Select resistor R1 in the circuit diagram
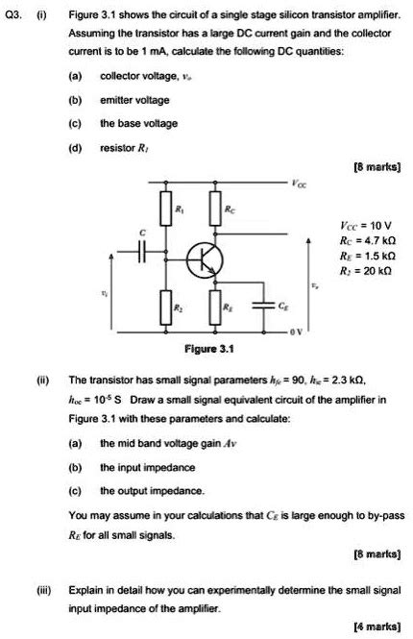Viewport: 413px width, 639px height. [x=165, y=209]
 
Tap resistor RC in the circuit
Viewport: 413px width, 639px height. [x=218, y=209]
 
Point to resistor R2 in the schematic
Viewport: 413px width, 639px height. [x=165, y=307]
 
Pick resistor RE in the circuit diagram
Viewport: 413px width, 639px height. [x=218, y=307]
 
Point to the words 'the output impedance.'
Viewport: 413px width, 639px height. [x=141, y=488]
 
